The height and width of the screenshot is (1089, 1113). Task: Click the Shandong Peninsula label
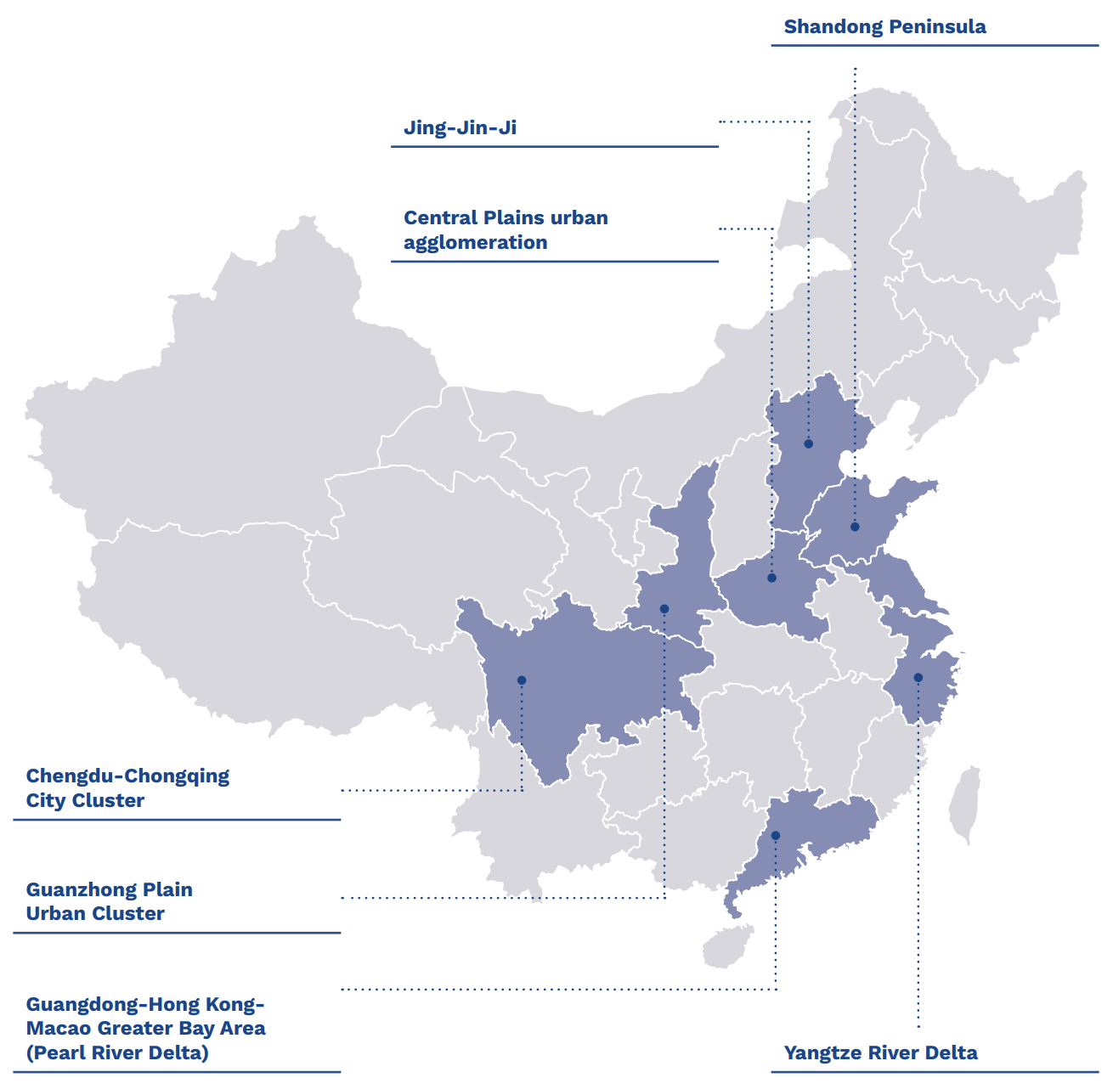[x=884, y=26]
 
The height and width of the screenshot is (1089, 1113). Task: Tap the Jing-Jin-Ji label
[x=460, y=127]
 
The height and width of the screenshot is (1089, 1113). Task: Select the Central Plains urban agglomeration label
[x=505, y=229]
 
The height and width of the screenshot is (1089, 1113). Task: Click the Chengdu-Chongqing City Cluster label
[x=127, y=787]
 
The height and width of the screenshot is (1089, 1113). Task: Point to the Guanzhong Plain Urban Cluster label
[x=109, y=901]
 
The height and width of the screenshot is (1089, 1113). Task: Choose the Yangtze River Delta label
[x=880, y=1052]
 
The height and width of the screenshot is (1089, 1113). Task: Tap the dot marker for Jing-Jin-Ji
[x=809, y=444]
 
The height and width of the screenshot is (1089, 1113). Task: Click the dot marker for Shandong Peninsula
[x=855, y=528]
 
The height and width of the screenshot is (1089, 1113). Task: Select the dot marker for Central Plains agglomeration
[x=771, y=578]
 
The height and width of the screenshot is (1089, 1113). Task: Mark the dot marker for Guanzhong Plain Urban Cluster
[x=664, y=609]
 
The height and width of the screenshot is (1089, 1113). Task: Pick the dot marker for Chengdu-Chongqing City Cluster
[x=522, y=680]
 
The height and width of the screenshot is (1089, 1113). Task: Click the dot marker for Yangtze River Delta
[x=918, y=678]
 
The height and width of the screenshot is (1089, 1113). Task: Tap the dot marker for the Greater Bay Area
[x=776, y=836]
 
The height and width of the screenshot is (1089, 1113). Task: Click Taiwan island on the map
[x=965, y=803]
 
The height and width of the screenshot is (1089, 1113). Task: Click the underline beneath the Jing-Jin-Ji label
[x=554, y=147]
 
